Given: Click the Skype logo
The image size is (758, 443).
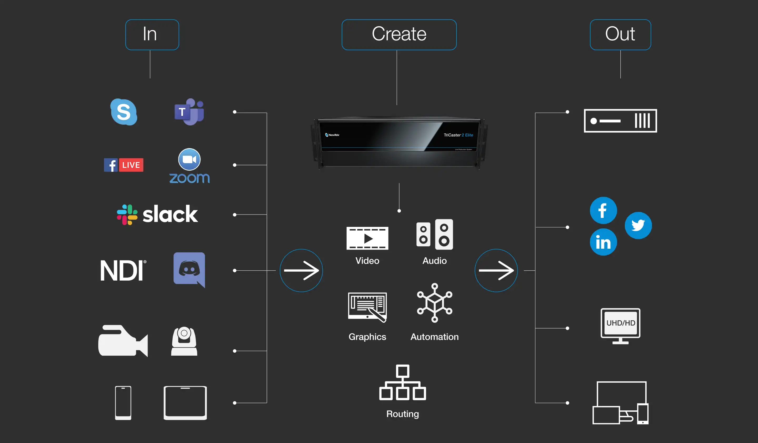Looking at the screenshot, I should coord(124,112).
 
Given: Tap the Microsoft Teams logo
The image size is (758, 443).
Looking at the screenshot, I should coord(189,112).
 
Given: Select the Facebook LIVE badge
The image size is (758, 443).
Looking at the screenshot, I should coord(124,165).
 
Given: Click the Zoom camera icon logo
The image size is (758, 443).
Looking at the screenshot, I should coord(189,160).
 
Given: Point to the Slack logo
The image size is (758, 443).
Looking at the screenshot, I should coord(157,215).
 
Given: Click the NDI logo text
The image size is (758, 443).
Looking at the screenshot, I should coord(123,270).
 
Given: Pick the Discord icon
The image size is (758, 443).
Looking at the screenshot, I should coord(189,269).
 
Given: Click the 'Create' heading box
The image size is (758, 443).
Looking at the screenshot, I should coord(399,34).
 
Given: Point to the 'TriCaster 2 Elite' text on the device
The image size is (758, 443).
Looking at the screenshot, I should coord(458,135).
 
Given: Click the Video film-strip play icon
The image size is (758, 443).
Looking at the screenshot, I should coord(367,238).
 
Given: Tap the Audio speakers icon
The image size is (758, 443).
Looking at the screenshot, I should coord(434,234).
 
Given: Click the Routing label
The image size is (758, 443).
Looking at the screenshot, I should coord(402,414).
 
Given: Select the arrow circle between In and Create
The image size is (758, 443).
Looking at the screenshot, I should coord(301,270).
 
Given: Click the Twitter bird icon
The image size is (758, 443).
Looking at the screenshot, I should coord(638,225).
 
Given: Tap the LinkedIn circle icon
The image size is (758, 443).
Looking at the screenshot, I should coord(603,242).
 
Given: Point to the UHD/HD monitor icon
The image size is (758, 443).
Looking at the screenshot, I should coord(620,326).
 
